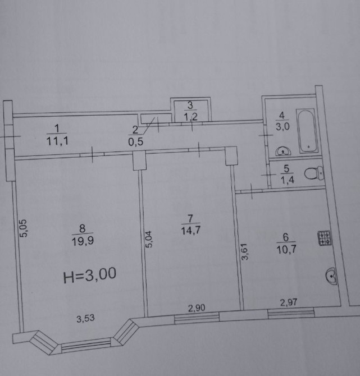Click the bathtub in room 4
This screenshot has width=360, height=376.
[x=308, y=131]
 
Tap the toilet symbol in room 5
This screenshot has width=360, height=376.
[x=315, y=173]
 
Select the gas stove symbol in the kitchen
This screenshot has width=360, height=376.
[x=325, y=237]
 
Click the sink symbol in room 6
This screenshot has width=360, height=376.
[x=331, y=276]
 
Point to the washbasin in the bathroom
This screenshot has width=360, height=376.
[x=284, y=151]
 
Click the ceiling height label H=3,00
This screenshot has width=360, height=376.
[x=90, y=275]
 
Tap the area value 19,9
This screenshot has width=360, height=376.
[x=83, y=241]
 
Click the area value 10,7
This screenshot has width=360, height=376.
[x=286, y=249]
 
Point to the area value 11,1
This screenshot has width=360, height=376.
[x=57, y=141]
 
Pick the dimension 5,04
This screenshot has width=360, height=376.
[x=148, y=239]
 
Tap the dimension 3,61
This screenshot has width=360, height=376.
[x=245, y=251]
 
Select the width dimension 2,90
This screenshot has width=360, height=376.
[x=197, y=308]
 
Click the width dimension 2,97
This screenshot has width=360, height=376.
[x=289, y=302]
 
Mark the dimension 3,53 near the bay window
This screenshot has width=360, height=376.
[x=86, y=319]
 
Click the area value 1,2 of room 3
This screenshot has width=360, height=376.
[x=190, y=117]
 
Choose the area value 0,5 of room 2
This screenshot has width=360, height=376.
[x=135, y=142]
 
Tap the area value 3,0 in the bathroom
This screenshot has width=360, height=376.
[x=282, y=126]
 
